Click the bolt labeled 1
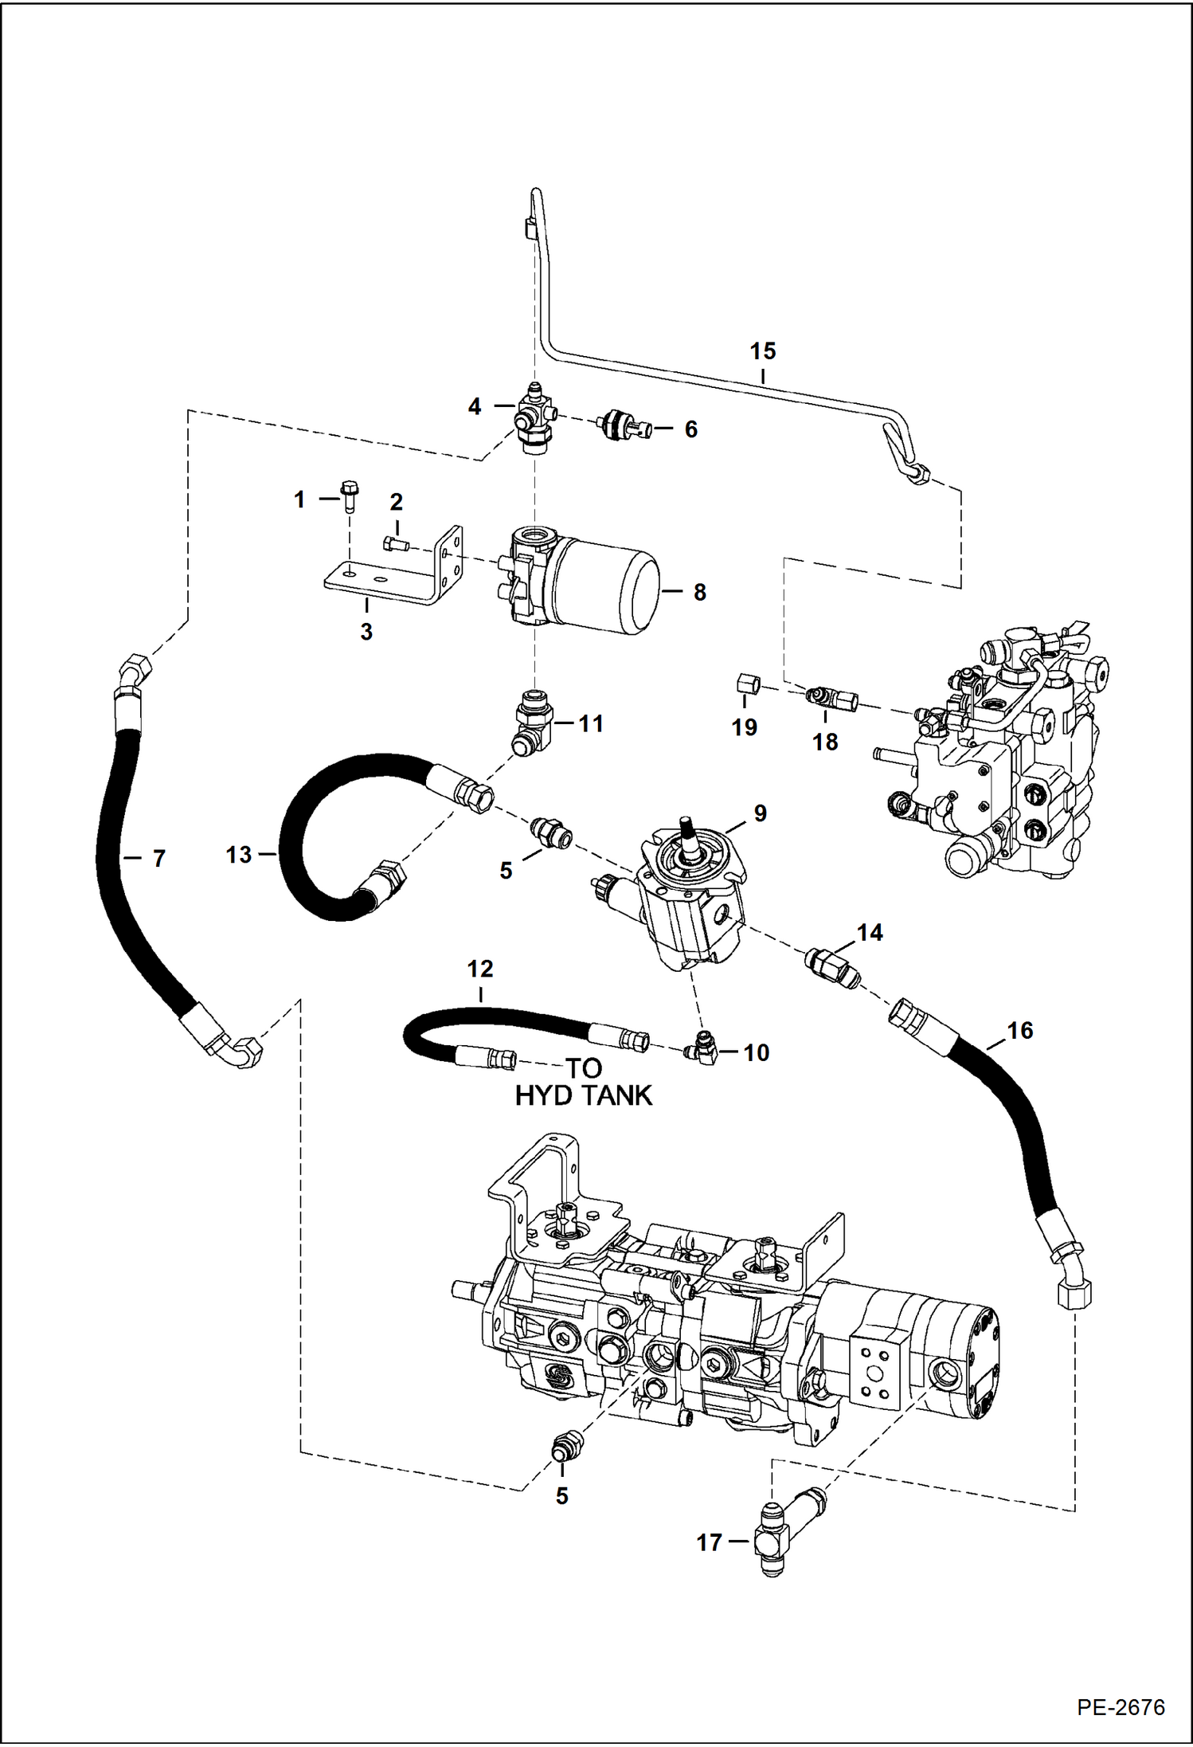click(349, 496)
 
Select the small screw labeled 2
click(395, 544)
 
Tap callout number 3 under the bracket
click(366, 632)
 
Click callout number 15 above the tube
click(762, 351)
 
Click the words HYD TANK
click(584, 1095)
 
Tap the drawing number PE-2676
click(1120, 1707)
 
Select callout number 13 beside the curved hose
click(238, 854)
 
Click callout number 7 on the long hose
click(158, 858)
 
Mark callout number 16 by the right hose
click(1019, 1030)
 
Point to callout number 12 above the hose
click(480, 969)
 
